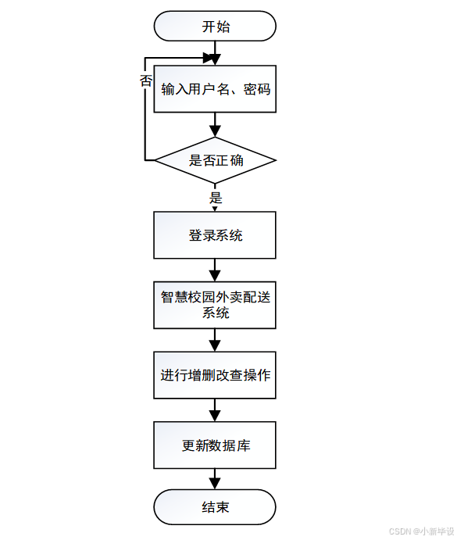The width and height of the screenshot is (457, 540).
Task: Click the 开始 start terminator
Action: (215, 27)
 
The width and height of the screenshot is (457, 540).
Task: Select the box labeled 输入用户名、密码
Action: (215, 89)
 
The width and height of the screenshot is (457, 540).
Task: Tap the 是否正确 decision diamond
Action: (215, 161)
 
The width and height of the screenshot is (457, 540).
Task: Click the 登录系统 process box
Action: (215, 235)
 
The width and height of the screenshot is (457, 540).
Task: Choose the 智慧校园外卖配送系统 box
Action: (215, 305)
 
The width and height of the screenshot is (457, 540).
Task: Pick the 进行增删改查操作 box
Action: (215, 375)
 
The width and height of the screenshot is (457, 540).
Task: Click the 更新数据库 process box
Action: (215, 445)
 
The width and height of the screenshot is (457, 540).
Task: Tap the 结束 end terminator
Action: (215, 507)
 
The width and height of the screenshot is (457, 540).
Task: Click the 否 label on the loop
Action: (145, 80)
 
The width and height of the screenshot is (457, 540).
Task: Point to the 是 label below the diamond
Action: (216, 198)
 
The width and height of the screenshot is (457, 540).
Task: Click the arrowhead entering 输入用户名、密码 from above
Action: (215, 59)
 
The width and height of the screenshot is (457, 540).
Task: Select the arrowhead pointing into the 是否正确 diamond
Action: (215, 131)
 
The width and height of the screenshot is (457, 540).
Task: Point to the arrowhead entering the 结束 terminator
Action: (215, 485)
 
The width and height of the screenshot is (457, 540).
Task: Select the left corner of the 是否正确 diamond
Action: (155, 161)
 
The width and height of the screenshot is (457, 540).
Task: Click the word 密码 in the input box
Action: (257, 89)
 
